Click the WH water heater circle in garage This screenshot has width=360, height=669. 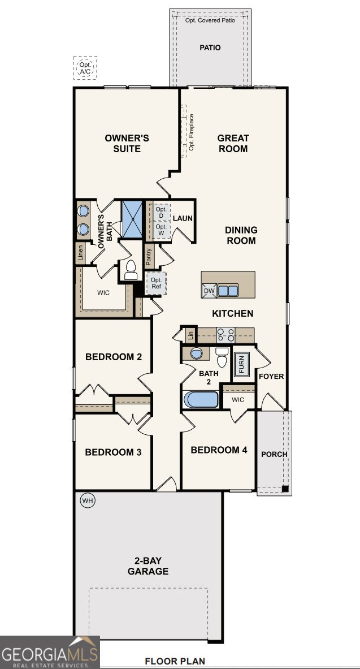[x=87, y=500]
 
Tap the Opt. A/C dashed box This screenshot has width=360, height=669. [x=85, y=68]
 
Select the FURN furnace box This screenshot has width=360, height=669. [x=241, y=364]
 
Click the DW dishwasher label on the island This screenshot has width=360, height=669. [x=209, y=291]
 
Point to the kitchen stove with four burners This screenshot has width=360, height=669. [x=226, y=335]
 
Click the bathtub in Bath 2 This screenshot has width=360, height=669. [x=201, y=399]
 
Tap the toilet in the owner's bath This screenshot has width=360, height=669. [x=131, y=271]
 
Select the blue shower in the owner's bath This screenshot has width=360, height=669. [x=133, y=218]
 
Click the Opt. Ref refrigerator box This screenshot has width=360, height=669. [x=156, y=283]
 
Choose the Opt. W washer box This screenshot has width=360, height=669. [x=161, y=230]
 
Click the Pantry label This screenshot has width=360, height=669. [x=149, y=257]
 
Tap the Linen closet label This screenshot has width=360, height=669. [x=81, y=253]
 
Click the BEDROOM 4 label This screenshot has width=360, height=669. [x=219, y=450]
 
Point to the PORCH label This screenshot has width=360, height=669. [x=274, y=454]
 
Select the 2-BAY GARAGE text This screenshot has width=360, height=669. [x=148, y=566]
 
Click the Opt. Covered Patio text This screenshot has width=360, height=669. [x=210, y=20]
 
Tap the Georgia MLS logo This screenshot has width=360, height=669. [x=50, y=652]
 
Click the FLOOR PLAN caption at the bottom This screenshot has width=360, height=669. [x=175, y=661]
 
